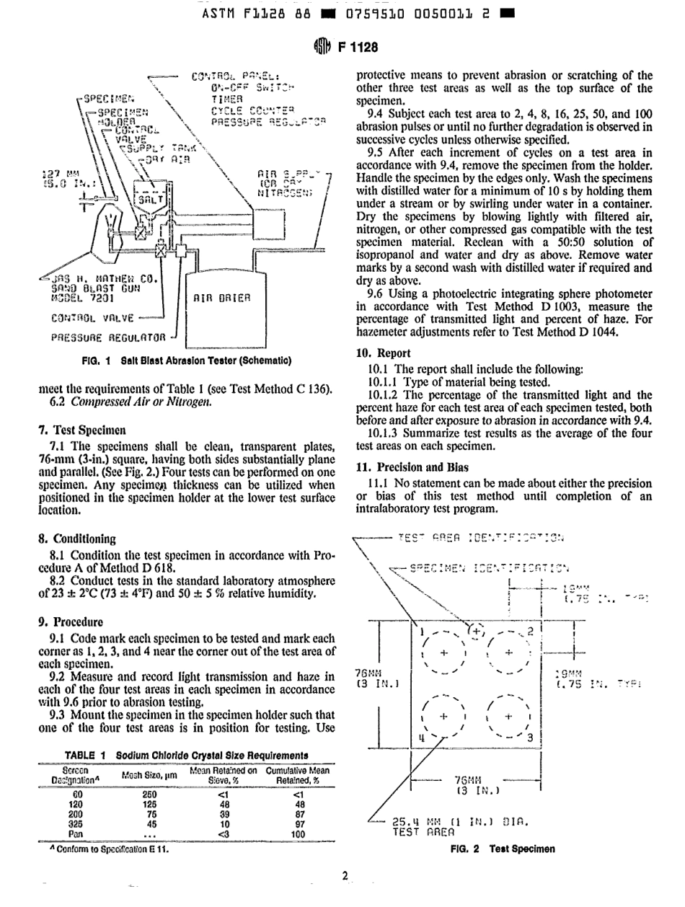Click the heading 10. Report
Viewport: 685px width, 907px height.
pyautogui.click(x=385, y=353)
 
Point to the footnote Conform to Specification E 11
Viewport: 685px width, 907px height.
pyautogui.click(x=102, y=849)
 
